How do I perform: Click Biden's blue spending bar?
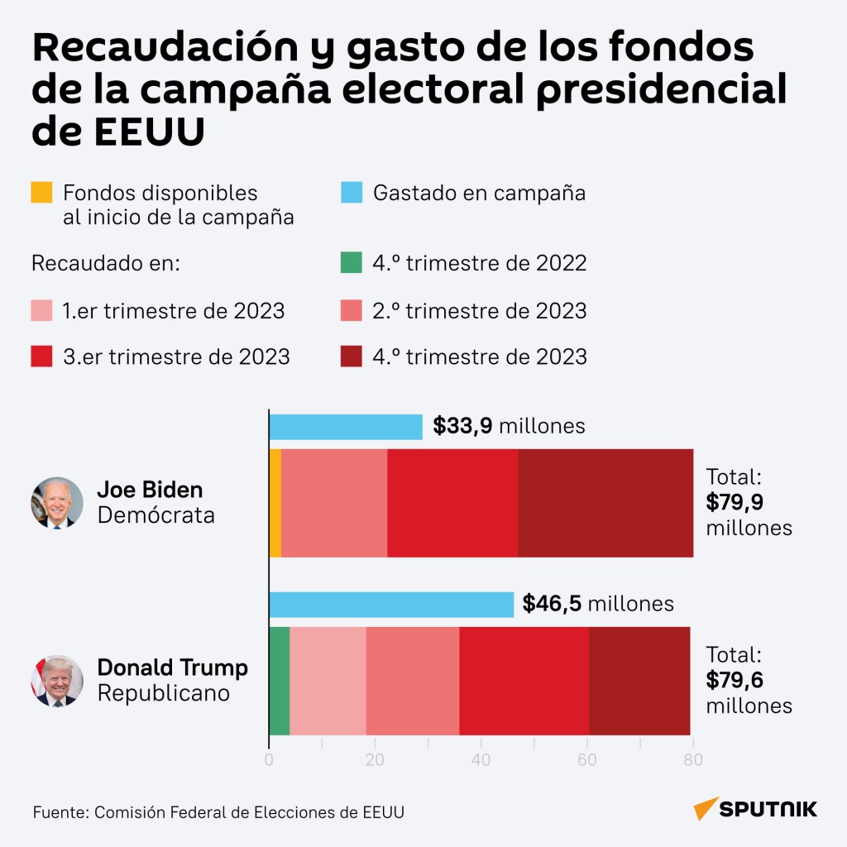(x=346, y=427)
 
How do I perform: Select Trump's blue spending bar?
(x=391, y=605)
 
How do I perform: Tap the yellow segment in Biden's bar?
(x=275, y=503)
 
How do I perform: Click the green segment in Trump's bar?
(x=280, y=681)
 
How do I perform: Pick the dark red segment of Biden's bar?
(x=605, y=503)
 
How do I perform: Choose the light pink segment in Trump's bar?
(x=328, y=681)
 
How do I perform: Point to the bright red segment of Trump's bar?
(x=524, y=681)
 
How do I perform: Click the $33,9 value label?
(x=462, y=426)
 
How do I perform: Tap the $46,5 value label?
(x=552, y=603)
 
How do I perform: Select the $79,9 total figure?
(x=735, y=502)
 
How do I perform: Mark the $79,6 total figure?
(x=735, y=680)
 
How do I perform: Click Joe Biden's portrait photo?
(x=57, y=503)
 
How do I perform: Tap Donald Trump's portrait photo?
(x=57, y=681)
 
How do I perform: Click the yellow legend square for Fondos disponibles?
(x=41, y=192)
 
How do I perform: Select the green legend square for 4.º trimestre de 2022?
(x=351, y=262)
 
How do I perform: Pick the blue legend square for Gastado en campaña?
(x=351, y=192)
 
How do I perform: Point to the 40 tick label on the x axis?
(x=481, y=760)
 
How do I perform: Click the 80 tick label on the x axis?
(x=693, y=760)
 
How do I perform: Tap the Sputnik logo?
(x=755, y=809)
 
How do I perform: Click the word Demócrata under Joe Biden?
(x=156, y=515)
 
